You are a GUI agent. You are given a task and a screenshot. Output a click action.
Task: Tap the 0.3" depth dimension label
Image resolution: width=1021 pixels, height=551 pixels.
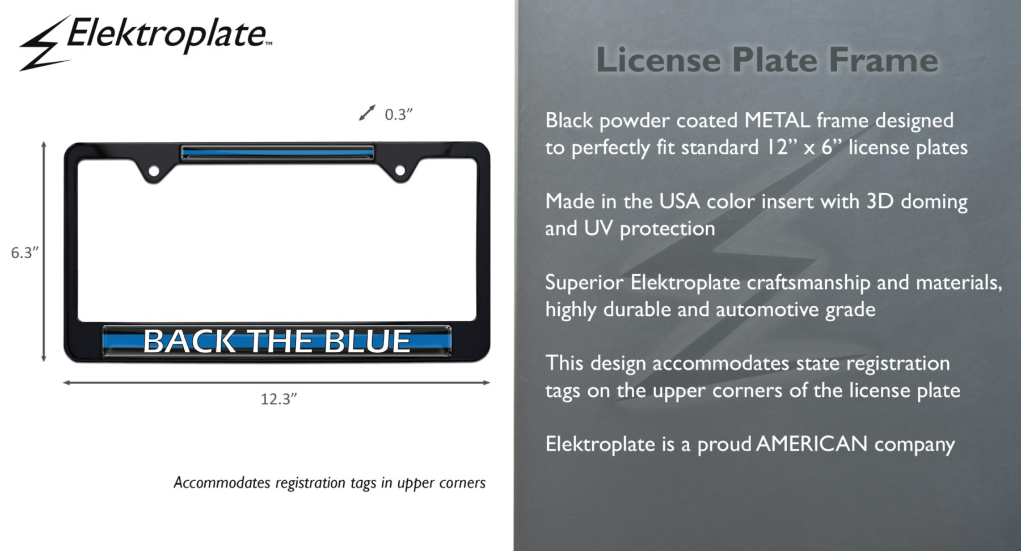point(398,115)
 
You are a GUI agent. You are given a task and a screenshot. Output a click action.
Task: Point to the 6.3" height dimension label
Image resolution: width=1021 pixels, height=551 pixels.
point(25,253)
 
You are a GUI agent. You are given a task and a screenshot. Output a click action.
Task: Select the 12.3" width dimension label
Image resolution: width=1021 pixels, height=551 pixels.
point(279,399)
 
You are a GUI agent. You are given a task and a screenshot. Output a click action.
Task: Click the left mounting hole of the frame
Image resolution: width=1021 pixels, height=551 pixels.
point(153,170)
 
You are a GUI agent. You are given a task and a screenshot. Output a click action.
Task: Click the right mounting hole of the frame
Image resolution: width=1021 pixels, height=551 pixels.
point(400,170)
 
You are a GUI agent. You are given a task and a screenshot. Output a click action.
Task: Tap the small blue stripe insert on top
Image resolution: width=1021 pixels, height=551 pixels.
point(277,152)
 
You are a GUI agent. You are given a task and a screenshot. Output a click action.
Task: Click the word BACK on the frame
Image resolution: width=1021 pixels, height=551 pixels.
point(189,341)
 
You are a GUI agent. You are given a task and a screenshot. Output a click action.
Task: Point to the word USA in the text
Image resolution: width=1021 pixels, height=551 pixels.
point(679,201)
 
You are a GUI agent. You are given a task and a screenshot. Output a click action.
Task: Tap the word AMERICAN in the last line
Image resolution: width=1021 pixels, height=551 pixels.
point(812,444)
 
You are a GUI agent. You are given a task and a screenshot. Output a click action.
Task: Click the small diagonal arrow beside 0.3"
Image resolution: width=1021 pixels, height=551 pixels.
point(367,112)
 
